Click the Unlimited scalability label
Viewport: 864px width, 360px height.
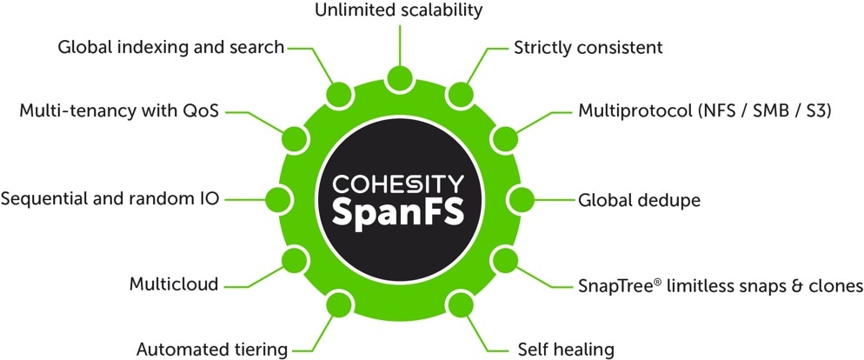click(398, 10)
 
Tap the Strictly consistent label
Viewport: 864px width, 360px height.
click(588, 48)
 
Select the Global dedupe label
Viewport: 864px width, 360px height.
click(639, 200)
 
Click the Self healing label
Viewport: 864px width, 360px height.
click(566, 350)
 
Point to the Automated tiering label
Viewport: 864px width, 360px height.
click(212, 350)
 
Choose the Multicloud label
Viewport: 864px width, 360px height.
click(174, 284)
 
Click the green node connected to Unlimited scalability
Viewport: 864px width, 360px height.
click(400, 80)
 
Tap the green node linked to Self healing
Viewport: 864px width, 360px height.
click(460, 305)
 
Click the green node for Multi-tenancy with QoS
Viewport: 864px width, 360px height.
click(296, 139)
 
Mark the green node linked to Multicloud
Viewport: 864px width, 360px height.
click(296, 260)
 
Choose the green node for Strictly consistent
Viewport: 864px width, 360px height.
click(460, 95)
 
